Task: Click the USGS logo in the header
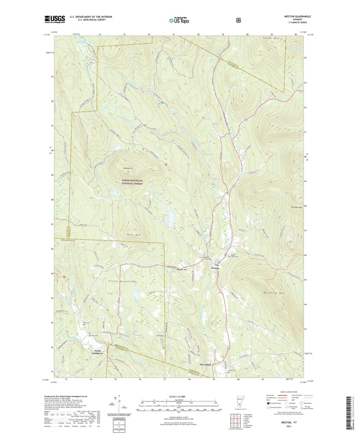click(54, 19)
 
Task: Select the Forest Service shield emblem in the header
click(238, 20)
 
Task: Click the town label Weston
click(216, 268)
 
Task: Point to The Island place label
click(205, 365)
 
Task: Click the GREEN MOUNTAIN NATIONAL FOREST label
click(132, 181)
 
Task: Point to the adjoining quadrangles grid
click(234, 421)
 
